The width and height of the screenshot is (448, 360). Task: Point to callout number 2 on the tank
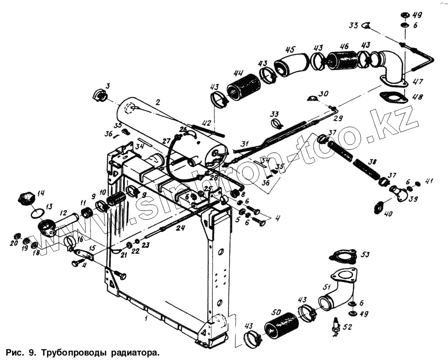(x=157, y=102)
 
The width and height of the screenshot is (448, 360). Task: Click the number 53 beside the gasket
(x=366, y=255)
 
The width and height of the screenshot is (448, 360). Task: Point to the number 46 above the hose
(x=344, y=46)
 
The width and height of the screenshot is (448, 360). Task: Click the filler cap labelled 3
(x=100, y=95)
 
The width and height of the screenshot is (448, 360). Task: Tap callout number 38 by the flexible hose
(x=372, y=161)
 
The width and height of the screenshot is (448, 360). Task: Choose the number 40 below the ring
(x=388, y=214)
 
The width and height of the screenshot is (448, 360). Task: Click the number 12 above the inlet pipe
(x=63, y=213)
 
